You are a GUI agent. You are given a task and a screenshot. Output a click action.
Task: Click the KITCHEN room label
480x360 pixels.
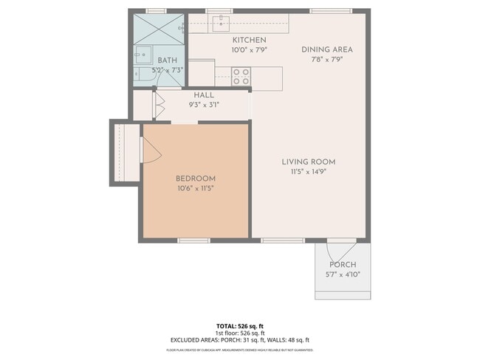(249, 40)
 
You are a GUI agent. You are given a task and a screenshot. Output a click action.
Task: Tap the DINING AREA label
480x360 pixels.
(326, 49)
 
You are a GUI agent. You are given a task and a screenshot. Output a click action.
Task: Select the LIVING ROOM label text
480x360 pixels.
(308, 162)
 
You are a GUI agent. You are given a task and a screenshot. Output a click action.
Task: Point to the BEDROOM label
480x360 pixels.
(195, 179)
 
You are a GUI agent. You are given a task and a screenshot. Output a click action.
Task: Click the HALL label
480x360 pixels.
(204, 95)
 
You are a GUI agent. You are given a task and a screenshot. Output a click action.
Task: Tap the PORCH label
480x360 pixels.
(342, 265)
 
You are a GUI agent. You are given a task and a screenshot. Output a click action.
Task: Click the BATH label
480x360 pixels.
(168, 60)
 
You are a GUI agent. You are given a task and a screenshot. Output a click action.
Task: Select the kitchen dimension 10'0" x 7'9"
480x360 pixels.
(249, 49)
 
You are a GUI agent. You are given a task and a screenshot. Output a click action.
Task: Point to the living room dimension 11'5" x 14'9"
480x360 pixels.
(308, 171)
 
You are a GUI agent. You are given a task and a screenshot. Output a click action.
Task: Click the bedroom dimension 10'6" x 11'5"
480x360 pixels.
(195, 188)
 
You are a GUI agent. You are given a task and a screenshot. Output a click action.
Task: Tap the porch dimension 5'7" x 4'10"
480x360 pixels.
(342, 274)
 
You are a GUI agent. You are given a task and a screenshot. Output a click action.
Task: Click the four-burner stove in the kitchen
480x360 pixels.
(241, 75)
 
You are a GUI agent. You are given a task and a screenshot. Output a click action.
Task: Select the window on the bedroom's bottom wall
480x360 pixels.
(193, 240)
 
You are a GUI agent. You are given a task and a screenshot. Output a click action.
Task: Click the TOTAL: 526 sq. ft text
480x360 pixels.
(239, 325)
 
